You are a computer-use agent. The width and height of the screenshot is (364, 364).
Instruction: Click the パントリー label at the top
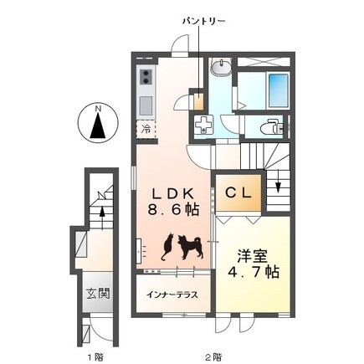(x=203, y=21)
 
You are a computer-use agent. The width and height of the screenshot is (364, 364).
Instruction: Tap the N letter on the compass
(x=98, y=109)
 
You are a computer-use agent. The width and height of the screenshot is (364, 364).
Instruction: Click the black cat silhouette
(x=168, y=247)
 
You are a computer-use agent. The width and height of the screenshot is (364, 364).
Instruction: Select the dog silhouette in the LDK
(x=190, y=247)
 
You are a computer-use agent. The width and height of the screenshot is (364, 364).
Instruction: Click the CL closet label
(x=238, y=193)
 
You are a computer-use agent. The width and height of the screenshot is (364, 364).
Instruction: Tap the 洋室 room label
(x=253, y=255)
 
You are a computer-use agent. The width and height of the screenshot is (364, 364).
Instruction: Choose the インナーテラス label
(x=172, y=295)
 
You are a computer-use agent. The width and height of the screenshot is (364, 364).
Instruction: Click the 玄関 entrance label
(x=98, y=293)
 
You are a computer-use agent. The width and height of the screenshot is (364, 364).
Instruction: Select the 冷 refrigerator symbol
(x=146, y=129)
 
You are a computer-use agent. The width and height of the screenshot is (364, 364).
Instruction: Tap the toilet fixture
(x=271, y=128)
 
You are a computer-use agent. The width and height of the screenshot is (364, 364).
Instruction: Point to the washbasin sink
(x=221, y=67)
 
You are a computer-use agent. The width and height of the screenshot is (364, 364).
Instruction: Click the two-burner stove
(x=146, y=77)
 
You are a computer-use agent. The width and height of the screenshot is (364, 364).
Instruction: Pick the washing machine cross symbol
(x=203, y=125)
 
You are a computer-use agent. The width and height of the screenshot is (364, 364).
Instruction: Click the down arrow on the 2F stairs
(x=278, y=187)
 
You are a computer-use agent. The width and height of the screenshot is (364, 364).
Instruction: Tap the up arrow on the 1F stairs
(x=102, y=215)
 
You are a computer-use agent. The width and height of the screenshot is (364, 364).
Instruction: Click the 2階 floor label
(x=214, y=356)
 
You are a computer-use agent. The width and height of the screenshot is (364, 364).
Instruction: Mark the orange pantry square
(x=198, y=102)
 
